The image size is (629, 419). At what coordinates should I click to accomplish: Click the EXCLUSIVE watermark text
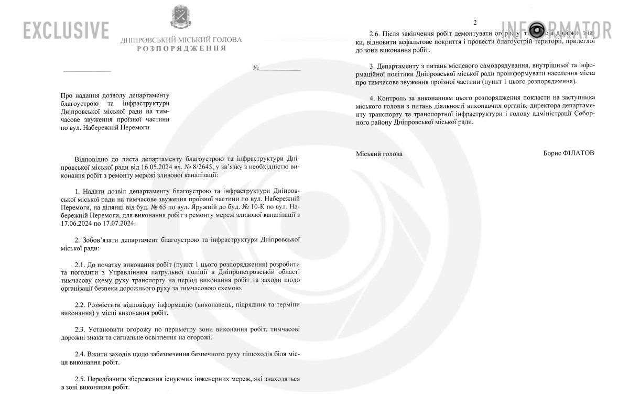click(x=66, y=30)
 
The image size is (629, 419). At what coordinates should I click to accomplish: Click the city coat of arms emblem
click(x=181, y=17)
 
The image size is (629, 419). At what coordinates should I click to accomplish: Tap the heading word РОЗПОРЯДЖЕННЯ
click(x=181, y=49)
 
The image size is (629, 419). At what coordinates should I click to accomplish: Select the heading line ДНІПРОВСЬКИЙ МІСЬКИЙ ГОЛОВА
click(x=181, y=40)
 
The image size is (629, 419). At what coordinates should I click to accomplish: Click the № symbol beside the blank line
click(x=256, y=68)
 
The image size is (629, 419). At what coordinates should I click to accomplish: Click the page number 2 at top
click(x=475, y=22)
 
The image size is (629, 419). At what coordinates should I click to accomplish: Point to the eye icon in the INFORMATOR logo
click(x=538, y=29)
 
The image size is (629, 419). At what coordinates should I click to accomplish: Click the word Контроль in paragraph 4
click(x=393, y=97)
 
